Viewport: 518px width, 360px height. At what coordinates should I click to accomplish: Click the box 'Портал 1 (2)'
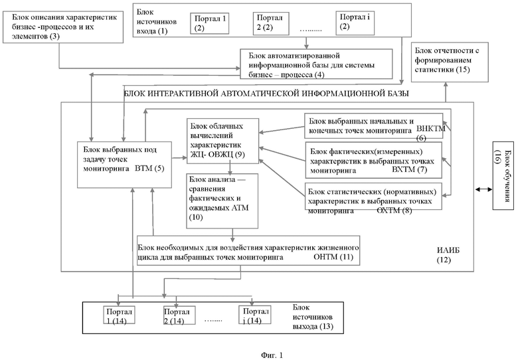pos(209,23)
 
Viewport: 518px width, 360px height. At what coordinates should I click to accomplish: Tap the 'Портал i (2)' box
pos(355,23)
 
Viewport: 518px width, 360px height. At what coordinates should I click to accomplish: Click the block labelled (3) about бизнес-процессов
pos(63,27)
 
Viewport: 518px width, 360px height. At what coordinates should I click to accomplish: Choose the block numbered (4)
pos(316,64)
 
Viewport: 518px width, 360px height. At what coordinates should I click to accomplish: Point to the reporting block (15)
pos(450,62)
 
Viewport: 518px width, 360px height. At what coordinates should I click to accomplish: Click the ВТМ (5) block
pos(125,165)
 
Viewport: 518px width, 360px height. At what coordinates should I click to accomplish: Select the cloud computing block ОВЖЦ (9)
pos(222,141)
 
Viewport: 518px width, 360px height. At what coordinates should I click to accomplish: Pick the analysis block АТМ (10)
pos(222,201)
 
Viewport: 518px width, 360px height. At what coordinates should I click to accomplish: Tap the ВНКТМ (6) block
pos(374,126)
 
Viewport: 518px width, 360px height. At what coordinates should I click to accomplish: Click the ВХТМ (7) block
pos(374,160)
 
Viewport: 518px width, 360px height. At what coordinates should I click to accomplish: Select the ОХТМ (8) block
pos(373,196)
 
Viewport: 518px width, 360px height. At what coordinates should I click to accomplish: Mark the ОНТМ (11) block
pos(248,250)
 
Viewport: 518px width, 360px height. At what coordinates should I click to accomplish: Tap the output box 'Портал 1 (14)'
pos(120,315)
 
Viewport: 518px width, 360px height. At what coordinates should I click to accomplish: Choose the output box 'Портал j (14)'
pos(255,315)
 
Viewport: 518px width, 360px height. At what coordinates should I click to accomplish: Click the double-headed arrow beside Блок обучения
pos(483,189)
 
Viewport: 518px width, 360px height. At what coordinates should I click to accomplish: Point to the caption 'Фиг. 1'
pos(272,355)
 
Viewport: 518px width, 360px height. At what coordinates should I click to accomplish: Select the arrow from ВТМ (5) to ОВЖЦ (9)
pos(179,158)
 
